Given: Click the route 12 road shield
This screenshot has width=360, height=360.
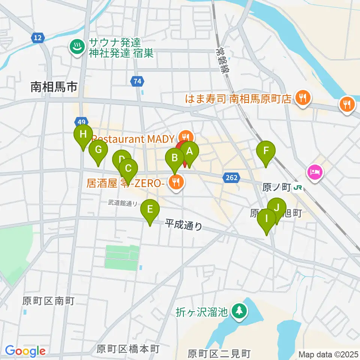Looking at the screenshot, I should pos(38,37).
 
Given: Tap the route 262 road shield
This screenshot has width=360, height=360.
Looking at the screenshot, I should pos(232,177).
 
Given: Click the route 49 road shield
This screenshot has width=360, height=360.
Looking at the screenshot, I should pos(81,121).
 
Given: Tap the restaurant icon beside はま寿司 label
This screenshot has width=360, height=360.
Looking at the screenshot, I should pos(302,99).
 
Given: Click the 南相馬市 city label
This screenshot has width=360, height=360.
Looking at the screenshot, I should pos(54,87).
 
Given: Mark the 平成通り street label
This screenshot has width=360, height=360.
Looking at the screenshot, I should pos(183,225).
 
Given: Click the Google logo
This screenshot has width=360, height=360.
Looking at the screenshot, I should pos(25,351).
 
